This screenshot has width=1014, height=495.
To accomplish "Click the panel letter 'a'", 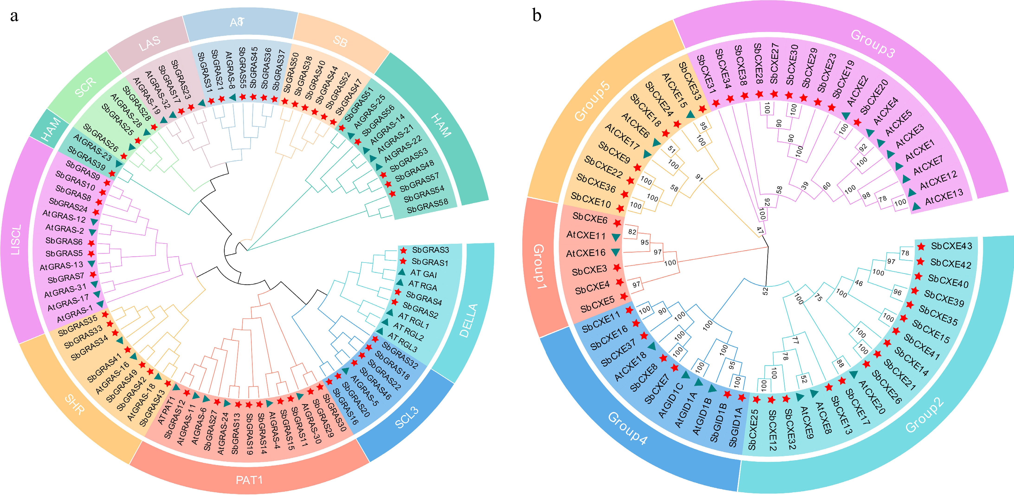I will point(15,16).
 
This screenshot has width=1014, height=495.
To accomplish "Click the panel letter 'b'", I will point(537,16).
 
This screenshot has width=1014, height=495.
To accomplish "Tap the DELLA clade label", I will point(468,320).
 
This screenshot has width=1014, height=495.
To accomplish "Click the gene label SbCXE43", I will point(951,246).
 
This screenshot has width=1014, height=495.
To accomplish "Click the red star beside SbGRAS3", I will point(403,250).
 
